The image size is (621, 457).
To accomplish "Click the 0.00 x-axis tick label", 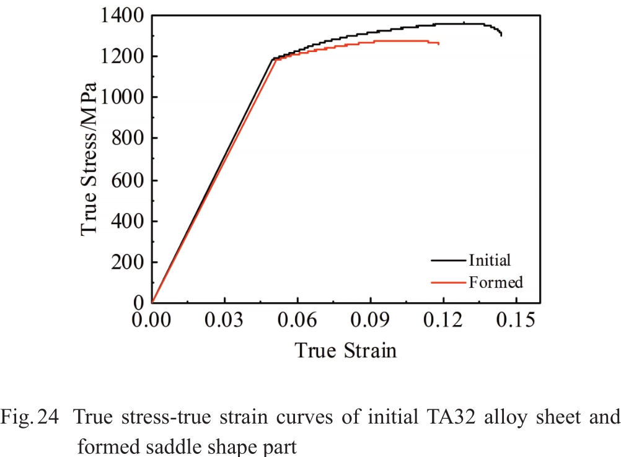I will point(152,320).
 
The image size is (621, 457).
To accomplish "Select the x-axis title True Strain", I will point(345,350).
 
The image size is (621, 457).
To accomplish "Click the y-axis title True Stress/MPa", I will point(90,158).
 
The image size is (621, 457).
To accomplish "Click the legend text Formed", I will point(496,282).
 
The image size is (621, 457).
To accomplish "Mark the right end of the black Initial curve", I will point(501,35).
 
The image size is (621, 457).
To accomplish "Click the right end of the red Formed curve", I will point(439,44).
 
